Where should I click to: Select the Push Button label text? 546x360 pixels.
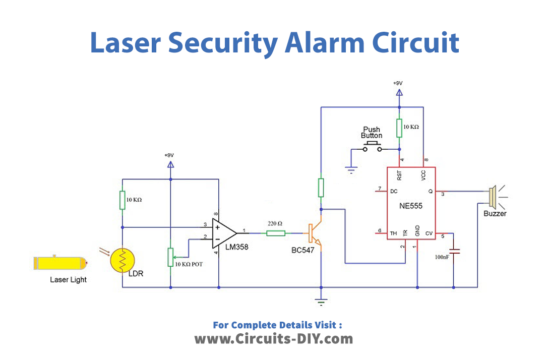372,133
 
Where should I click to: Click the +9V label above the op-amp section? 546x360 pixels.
169,156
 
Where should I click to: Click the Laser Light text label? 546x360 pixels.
68,280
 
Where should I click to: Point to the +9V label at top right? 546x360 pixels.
398,82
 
